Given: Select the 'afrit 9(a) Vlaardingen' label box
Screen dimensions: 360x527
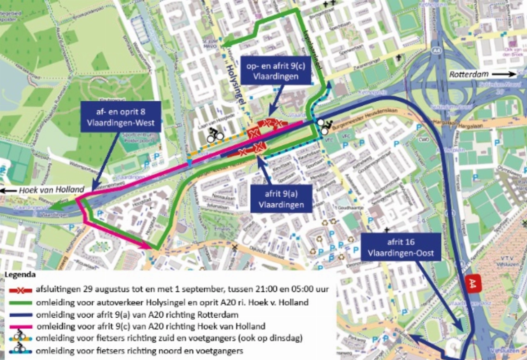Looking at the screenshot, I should tap(281, 199).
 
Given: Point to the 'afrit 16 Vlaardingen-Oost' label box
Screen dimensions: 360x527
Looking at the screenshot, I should tap(401, 247).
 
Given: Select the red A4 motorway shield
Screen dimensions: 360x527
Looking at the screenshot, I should tap(472, 284).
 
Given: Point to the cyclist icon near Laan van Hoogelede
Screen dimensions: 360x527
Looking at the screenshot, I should tap(215, 134).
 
